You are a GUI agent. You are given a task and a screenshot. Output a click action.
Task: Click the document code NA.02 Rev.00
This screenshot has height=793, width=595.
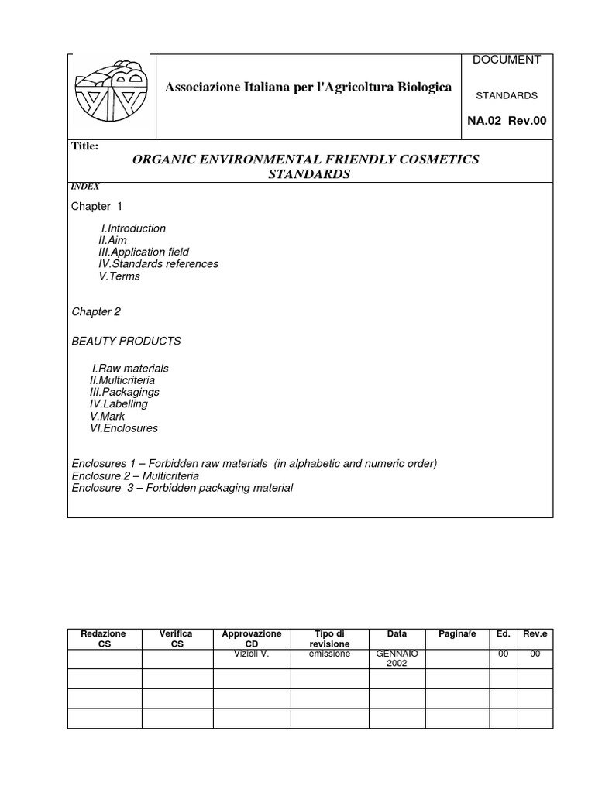(x=507, y=120)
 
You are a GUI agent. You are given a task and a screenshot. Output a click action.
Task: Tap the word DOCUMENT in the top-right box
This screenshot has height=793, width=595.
(x=506, y=60)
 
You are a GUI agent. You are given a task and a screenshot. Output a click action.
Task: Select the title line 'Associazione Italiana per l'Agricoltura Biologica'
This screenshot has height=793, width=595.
(x=308, y=88)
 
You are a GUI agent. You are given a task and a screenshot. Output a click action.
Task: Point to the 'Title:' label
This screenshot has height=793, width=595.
(x=84, y=146)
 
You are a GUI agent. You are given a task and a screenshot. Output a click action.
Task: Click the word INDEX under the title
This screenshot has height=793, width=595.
(x=85, y=186)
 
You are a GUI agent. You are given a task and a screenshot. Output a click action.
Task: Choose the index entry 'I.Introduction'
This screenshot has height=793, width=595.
(x=133, y=228)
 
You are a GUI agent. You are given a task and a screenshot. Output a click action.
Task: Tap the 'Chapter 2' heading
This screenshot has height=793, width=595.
(x=96, y=311)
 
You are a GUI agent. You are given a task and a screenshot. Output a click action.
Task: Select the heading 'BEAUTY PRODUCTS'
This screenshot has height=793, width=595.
(x=126, y=341)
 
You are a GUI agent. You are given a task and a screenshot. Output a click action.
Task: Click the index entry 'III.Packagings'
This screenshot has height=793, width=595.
(x=124, y=393)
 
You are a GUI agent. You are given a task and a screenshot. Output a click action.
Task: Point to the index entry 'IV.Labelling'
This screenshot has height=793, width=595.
(x=119, y=404)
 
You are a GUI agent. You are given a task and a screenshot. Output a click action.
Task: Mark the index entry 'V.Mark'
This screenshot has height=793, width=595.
(x=108, y=416)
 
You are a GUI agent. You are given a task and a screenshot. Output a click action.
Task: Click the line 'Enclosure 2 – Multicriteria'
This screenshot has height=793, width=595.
(x=135, y=475)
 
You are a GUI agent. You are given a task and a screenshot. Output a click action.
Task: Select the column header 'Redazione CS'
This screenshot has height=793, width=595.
(x=104, y=639)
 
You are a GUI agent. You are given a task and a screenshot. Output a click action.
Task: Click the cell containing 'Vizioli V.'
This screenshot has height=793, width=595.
(x=251, y=654)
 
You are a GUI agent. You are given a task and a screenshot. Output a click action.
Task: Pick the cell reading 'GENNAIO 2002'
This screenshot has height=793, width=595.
(x=397, y=658)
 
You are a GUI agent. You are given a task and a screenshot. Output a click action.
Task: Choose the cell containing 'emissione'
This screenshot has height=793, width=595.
(x=329, y=654)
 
